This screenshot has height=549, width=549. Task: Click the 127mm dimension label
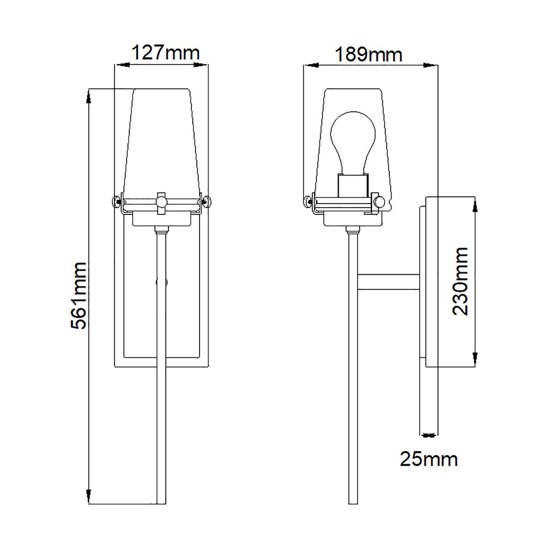[166, 53]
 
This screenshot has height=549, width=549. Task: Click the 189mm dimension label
[369, 54]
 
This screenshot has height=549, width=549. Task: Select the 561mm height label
[79, 296]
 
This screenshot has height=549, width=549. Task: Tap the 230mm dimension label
[460, 281]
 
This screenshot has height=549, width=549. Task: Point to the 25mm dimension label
[429, 459]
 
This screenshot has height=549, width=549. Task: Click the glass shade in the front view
[161, 137]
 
